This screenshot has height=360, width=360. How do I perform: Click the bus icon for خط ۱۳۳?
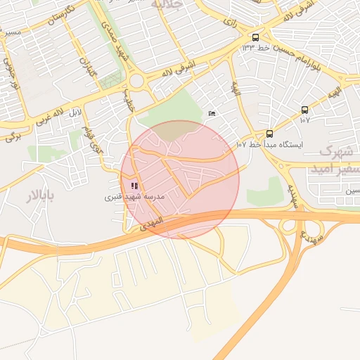255,37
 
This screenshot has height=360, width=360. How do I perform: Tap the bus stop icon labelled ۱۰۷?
304,110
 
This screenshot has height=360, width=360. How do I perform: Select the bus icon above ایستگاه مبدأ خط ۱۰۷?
269,134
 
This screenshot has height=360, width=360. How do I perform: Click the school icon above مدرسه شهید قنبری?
134,186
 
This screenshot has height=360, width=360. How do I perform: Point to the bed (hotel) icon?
212,115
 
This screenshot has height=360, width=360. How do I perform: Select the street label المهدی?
151,222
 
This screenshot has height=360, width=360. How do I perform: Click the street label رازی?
230,22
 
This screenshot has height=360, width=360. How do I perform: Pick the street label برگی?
13,136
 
